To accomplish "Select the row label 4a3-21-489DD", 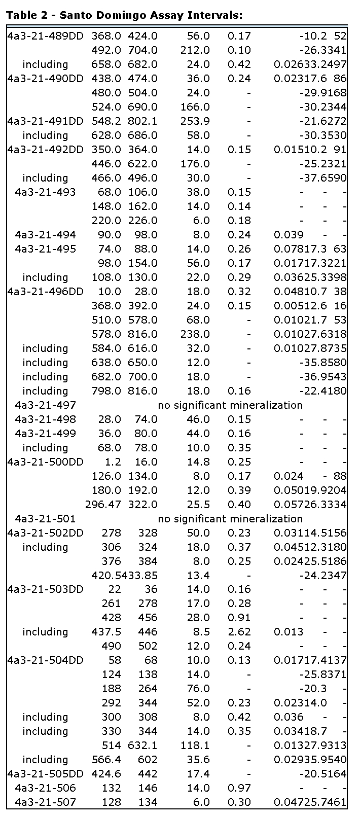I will [46, 36].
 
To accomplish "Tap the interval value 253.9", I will [195, 121].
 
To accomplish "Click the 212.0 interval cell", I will [195, 50].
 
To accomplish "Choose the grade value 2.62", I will [239, 632].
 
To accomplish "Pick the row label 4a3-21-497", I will [46, 405].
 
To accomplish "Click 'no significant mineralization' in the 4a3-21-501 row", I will [230, 519].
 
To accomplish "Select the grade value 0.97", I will [239, 788].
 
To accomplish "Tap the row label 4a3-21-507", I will [46, 802].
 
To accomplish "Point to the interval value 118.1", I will [195, 745].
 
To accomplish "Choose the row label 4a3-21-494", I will [46, 235].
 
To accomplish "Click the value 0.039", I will [289, 235].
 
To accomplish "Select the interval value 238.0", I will [195, 334].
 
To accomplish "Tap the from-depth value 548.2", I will [106, 121].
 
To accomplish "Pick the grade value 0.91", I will [239, 618].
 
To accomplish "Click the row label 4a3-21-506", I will [46, 788].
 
